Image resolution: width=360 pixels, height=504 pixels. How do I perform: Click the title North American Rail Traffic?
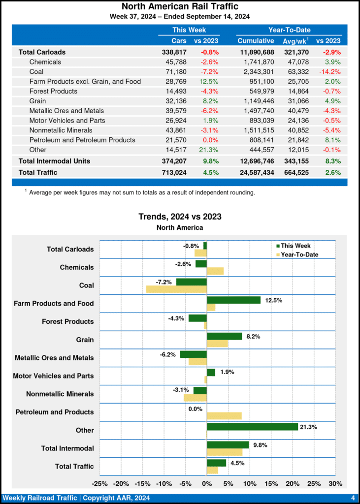[180, 6]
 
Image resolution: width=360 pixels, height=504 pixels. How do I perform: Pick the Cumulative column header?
[256, 40]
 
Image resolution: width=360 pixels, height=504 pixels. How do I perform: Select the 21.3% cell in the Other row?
[209, 150]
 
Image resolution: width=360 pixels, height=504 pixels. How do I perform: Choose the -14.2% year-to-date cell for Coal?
[329, 71]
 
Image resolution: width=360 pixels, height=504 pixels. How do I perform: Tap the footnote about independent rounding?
[142, 192]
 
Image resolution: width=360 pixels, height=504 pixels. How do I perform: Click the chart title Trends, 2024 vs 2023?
[180, 217]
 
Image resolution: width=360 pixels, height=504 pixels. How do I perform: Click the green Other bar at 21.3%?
[252, 427]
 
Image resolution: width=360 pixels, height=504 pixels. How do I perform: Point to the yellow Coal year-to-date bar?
[176, 289]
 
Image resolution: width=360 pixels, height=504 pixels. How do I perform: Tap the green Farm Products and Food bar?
[233, 300]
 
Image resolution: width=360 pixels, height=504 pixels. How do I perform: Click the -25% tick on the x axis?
[100, 483]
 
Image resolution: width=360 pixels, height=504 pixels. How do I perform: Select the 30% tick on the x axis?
[335, 483]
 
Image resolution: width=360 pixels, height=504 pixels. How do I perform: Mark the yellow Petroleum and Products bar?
[224, 416]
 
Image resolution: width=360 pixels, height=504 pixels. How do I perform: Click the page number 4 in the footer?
[353, 498]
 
